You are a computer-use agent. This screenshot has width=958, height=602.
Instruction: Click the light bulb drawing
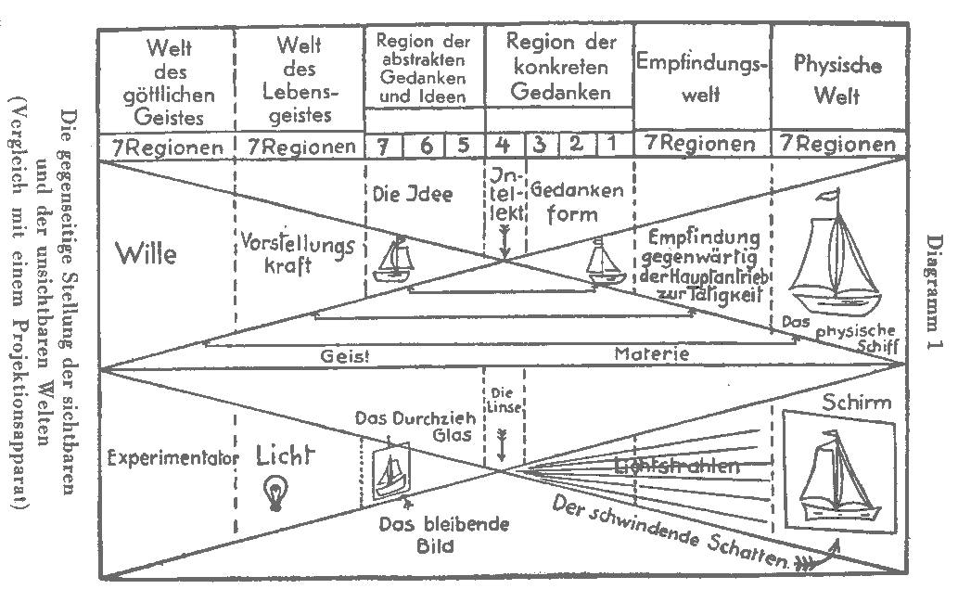tap(275, 493)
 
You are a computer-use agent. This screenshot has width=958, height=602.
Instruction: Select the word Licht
tap(286, 455)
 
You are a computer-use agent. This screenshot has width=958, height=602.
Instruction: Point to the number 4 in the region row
tap(503, 146)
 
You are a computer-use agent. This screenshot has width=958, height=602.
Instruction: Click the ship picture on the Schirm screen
tap(838, 471)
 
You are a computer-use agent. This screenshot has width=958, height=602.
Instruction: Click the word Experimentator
tap(171, 456)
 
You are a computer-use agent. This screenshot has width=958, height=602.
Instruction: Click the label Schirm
tap(854, 402)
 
